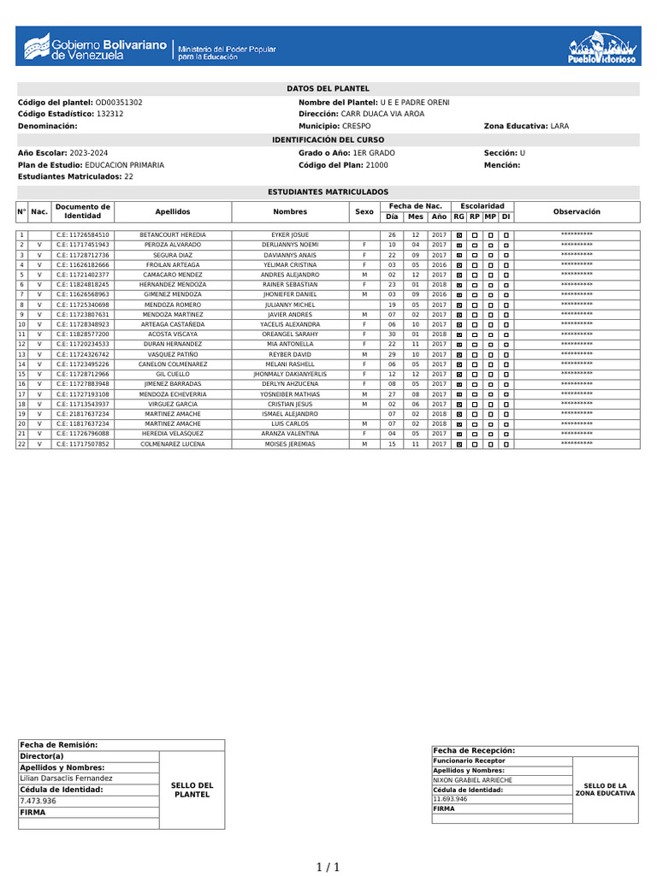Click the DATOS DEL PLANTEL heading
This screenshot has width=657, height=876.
point(328,88)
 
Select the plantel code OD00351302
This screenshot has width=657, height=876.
point(119,103)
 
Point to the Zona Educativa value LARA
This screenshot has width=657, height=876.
point(559,126)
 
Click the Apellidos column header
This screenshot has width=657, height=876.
point(173,211)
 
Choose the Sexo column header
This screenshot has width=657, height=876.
point(364,211)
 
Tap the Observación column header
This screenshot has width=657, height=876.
point(577,211)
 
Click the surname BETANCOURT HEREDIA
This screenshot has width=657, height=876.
point(173,234)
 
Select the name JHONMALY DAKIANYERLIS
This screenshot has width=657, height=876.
point(290,374)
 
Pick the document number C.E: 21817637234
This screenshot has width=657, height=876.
point(83,414)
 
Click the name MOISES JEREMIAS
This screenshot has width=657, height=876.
point(290,444)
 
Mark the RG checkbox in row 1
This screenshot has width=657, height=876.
point(459,235)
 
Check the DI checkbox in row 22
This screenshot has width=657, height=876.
point(506,445)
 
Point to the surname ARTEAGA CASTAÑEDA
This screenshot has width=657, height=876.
point(173,324)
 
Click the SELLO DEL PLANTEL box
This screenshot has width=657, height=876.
point(192,790)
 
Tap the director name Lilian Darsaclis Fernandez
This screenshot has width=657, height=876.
point(66,778)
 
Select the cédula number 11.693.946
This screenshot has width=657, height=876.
point(450,798)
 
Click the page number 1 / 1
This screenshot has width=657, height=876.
point(328,867)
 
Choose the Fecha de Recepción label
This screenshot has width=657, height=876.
point(474,750)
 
